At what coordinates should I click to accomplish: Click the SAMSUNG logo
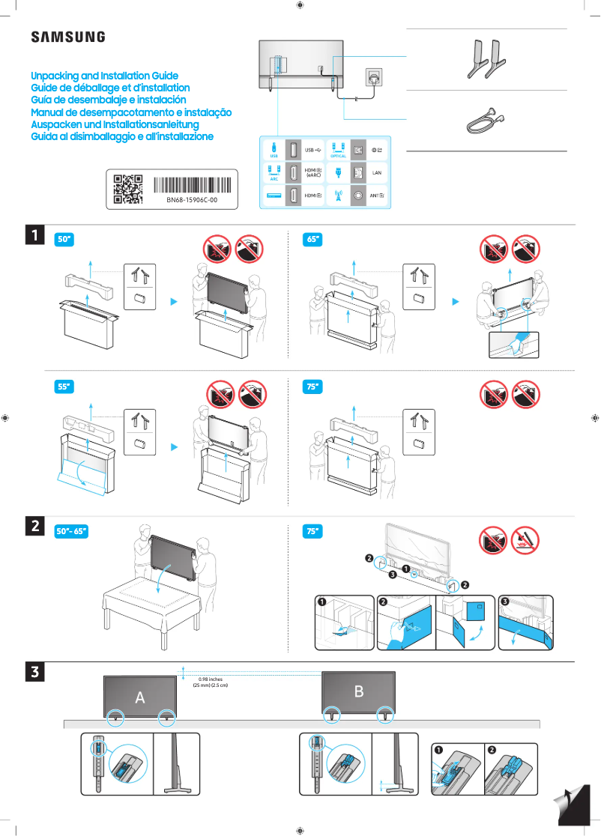(x=67, y=37)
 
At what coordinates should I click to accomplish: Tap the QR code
(x=127, y=189)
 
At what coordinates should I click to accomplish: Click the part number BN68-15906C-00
(x=191, y=200)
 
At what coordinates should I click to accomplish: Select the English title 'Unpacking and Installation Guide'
(x=104, y=76)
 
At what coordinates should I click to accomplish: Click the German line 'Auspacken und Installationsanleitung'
(x=114, y=124)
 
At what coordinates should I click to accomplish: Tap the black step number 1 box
(x=34, y=234)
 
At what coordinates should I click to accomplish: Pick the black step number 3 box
(x=34, y=672)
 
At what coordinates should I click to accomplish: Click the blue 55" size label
(x=64, y=387)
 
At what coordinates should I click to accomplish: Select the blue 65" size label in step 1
(x=312, y=240)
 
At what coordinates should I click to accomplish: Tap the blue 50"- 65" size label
(x=73, y=531)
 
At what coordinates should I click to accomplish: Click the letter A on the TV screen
(x=139, y=697)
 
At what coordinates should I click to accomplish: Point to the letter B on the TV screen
(x=358, y=691)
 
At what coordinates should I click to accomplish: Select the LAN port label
(x=377, y=173)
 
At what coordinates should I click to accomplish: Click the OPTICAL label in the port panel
(x=338, y=156)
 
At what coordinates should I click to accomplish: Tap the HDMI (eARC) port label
(x=314, y=173)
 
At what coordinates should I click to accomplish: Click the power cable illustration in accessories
(x=484, y=119)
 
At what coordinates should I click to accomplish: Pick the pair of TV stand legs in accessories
(x=485, y=60)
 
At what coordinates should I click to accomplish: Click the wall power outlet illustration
(x=372, y=77)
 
